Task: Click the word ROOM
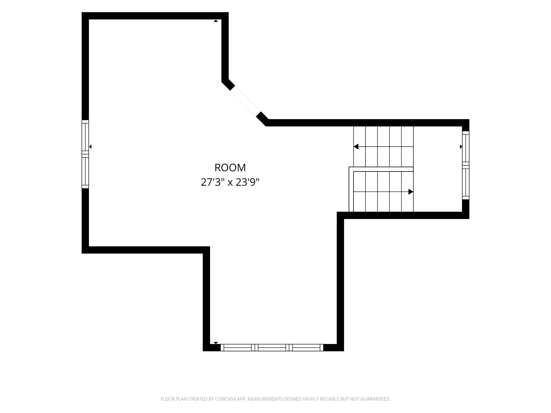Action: pyautogui.click(x=230, y=168)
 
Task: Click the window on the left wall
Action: pyautogui.click(x=85, y=154)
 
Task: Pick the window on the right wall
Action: pyautogui.click(x=465, y=165)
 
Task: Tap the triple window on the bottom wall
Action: pyautogui.click(x=272, y=347)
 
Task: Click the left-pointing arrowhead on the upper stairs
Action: pyautogui.click(x=356, y=146)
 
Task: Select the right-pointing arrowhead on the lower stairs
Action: pyautogui.click(x=411, y=192)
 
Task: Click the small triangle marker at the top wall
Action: pyautogui.click(x=216, y=21)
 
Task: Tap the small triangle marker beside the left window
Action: pyautogui.click(x=90, y=146)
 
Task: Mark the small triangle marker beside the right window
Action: pyautogui.click(x=461, y=146)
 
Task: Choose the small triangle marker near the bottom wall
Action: pyautogui.click(x=216, y=343)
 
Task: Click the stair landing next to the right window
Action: pyautogui.click(x=438, y=169)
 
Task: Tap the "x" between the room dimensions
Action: pyautogui.click(x=230, y=183)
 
